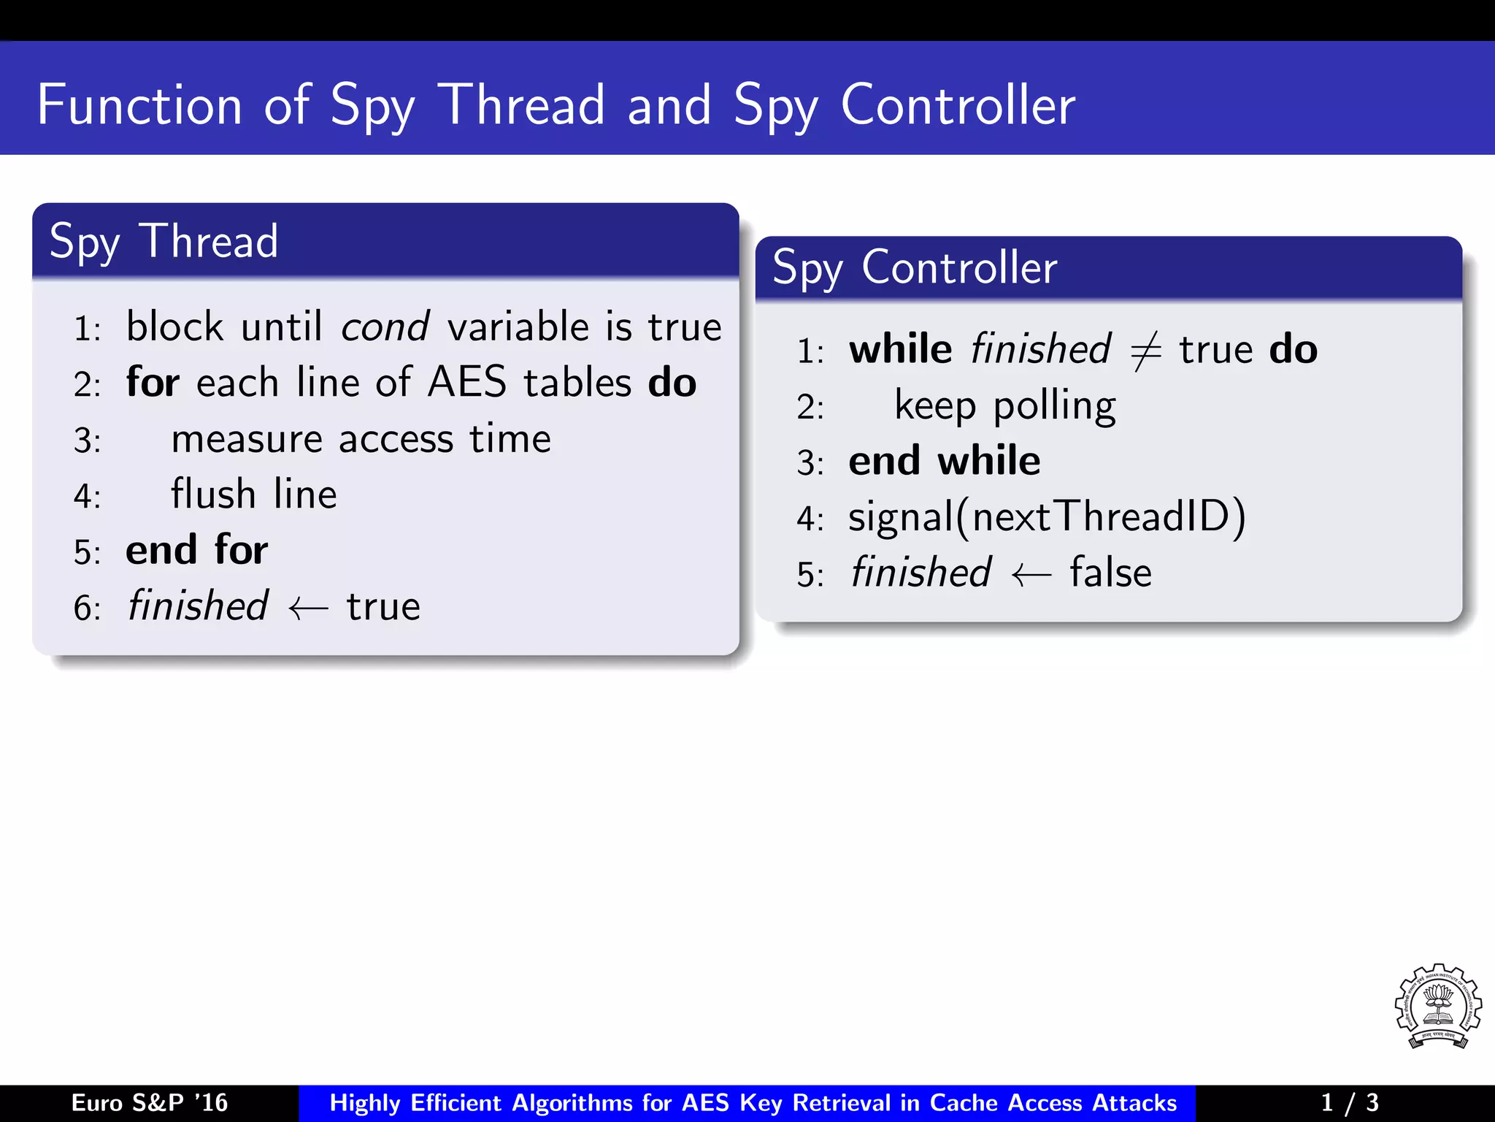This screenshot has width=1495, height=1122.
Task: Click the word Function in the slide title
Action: click(139, 106)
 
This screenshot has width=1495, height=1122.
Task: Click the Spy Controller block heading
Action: click(914, 267)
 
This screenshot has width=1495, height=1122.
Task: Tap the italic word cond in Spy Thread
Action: click(385, 327)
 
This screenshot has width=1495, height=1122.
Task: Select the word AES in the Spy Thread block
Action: click(466, 382)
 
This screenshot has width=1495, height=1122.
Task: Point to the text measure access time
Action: click(361, 439)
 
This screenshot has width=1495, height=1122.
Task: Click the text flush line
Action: click(253, 495)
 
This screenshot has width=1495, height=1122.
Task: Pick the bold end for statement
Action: click(196, 550)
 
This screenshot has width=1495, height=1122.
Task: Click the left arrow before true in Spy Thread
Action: click(307, 608)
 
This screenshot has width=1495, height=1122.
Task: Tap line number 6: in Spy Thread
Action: click(87, 608)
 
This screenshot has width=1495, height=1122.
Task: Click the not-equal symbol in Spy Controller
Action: click(1145, 351)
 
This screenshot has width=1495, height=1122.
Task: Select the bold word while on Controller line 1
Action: click(900, 349)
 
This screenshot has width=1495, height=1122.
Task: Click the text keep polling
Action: click(1004, 406)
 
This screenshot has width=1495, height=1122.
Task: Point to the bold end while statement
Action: click(944, 461)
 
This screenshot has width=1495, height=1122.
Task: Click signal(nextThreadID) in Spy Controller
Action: click(1047, 517)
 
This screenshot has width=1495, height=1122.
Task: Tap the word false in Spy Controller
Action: click(1110, 573)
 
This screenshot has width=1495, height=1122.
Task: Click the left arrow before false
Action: click(1031, 575)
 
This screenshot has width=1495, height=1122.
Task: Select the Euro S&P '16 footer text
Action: click(150, 1102)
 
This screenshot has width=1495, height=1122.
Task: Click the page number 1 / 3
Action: click(1349, 1102)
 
